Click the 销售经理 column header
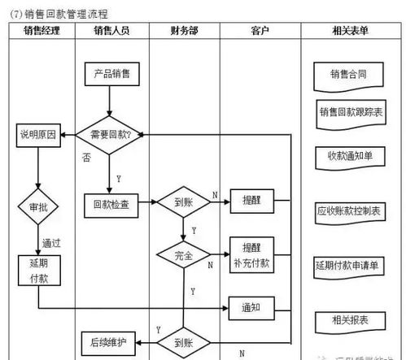40,32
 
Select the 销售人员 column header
110,32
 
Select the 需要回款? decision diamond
109,134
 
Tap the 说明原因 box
37,136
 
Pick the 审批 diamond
38,207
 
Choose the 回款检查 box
110,204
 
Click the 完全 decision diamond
182,255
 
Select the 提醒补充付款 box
251,254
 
